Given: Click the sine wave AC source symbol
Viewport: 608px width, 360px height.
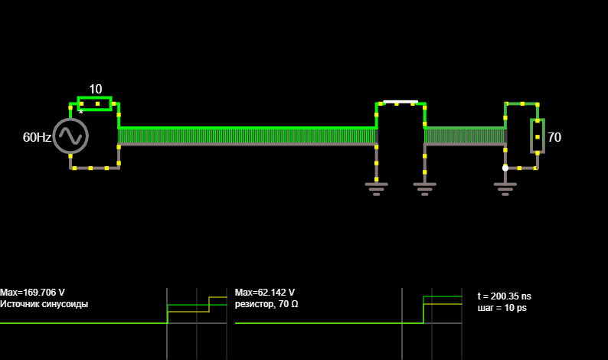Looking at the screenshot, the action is [x=70, y=136].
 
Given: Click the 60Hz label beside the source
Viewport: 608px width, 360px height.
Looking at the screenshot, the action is [x=37, y=137].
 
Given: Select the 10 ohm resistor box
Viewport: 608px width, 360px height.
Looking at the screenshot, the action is [x=95, y=103].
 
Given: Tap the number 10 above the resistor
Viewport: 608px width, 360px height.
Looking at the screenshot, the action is [x=96, y=89].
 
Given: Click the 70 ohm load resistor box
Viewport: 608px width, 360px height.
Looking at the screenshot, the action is [x=538, y=136].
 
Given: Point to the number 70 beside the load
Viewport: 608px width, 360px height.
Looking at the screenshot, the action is [x=554, y=137].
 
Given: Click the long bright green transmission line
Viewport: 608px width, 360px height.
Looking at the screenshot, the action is [x=247, y=136].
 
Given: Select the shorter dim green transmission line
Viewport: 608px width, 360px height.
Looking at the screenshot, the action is [x=465, y=136].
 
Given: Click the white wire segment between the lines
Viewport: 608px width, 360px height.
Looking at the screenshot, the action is [x=400, y=102].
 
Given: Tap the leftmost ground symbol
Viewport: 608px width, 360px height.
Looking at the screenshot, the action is [x=376, y=188].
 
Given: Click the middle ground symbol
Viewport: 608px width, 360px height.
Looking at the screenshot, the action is [x=424, y=188].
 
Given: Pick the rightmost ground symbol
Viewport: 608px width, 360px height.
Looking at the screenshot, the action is [x=505, y=188].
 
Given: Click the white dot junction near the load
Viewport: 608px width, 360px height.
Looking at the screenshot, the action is [x=505, y=168].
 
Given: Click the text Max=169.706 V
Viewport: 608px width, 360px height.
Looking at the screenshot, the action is [x=33, y=293].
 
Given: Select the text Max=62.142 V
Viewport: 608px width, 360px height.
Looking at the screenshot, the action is [x=265, y=293].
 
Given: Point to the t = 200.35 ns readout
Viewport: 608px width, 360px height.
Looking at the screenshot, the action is [x=504, y=296].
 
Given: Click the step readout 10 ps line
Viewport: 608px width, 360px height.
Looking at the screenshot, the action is [x=502, y=308].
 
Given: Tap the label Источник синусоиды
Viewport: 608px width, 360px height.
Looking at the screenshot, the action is [x=44, y=304].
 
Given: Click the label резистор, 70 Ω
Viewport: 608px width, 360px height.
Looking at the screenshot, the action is [x=266, y=304].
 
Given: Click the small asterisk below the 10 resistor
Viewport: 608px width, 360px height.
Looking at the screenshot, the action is [x=81, y=113].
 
